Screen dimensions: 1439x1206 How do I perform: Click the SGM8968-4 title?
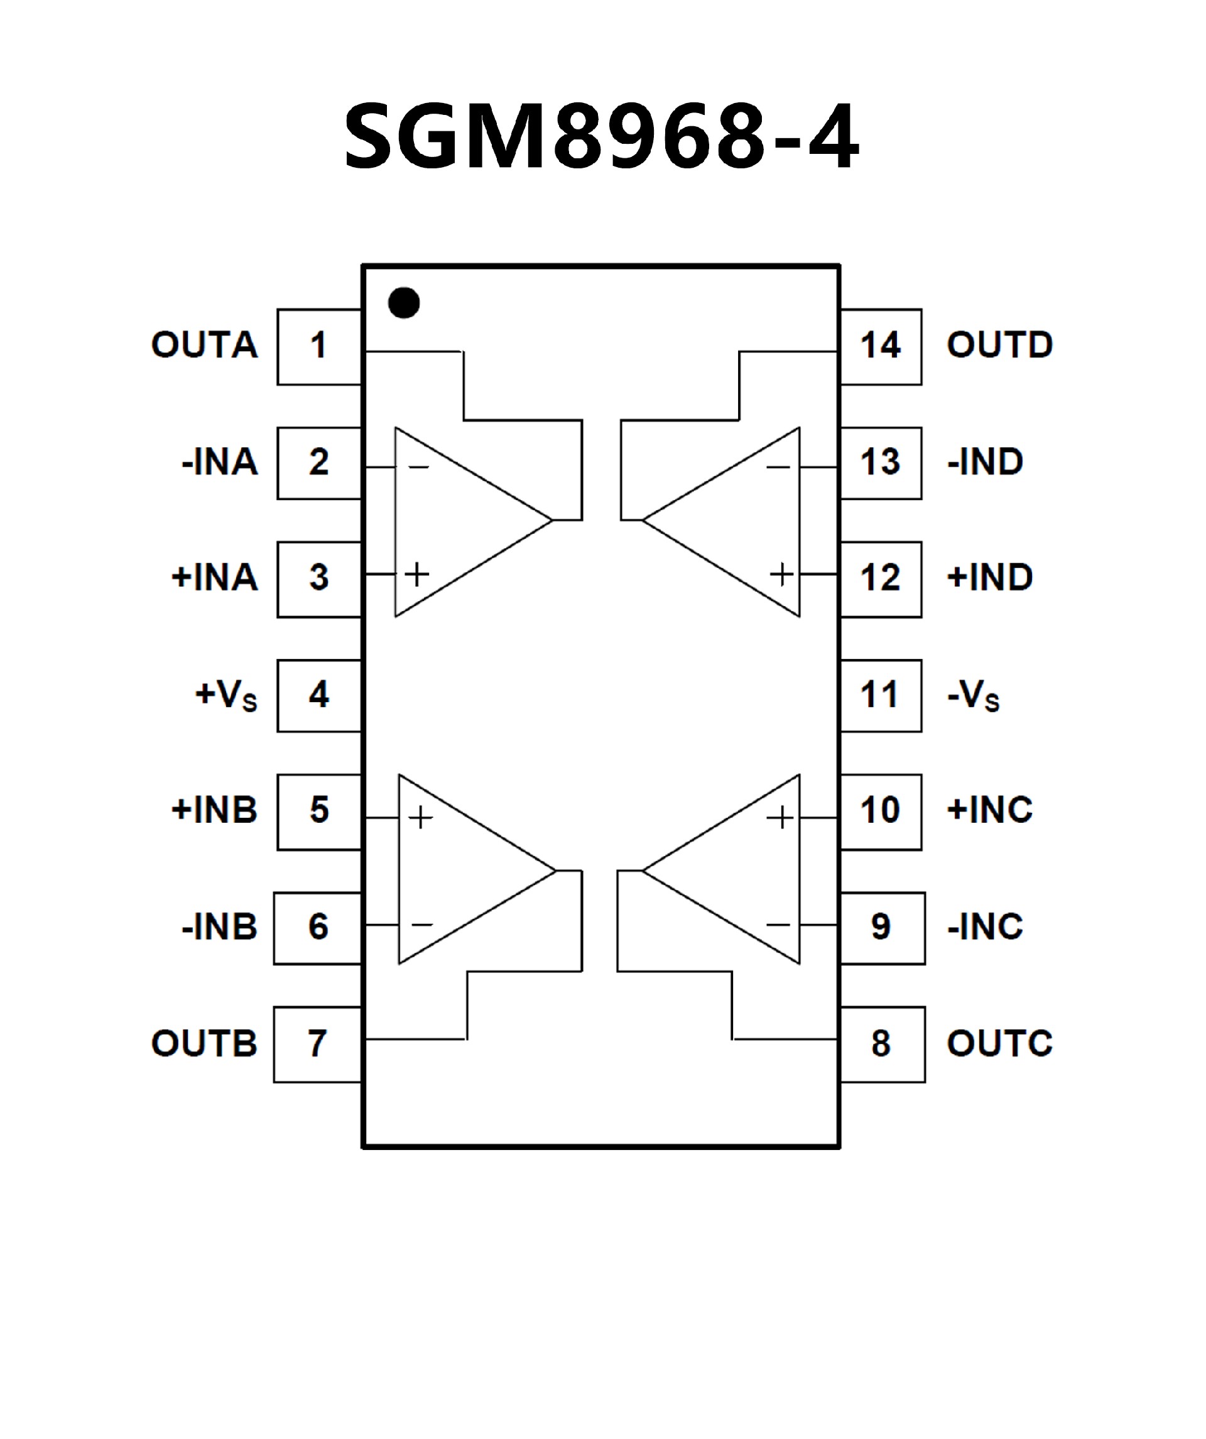pos(601,135)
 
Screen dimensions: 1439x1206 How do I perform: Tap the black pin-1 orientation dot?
pos(404,302)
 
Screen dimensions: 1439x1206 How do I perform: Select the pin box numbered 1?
pos(318,346)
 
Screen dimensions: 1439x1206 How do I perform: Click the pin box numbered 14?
pos(881,346)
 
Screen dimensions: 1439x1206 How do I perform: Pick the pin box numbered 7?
pos(317,1045)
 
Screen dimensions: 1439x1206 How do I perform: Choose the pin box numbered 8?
pos(883,1045)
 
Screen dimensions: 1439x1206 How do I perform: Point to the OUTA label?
pos(204,345)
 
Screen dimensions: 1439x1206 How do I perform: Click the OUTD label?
pos(1000,345)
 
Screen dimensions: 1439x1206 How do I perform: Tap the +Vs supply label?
pos(226,695)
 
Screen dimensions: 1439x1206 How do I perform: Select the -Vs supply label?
pos(973,696)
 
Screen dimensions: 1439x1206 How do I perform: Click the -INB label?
pos(219,926)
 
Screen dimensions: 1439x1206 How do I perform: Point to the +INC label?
pos(989,810)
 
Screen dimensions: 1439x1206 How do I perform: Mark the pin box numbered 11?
pos(881,695)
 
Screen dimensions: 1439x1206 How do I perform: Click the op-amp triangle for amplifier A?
pos(459,521)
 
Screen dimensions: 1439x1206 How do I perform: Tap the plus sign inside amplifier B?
pos(421,818)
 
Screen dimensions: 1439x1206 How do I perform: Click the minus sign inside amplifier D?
pos(778,468)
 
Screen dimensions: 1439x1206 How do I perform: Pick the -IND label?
pos(985,462)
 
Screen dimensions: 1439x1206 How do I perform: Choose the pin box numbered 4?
pos(318,695)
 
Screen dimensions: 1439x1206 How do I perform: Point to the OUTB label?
pos(204,1044)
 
